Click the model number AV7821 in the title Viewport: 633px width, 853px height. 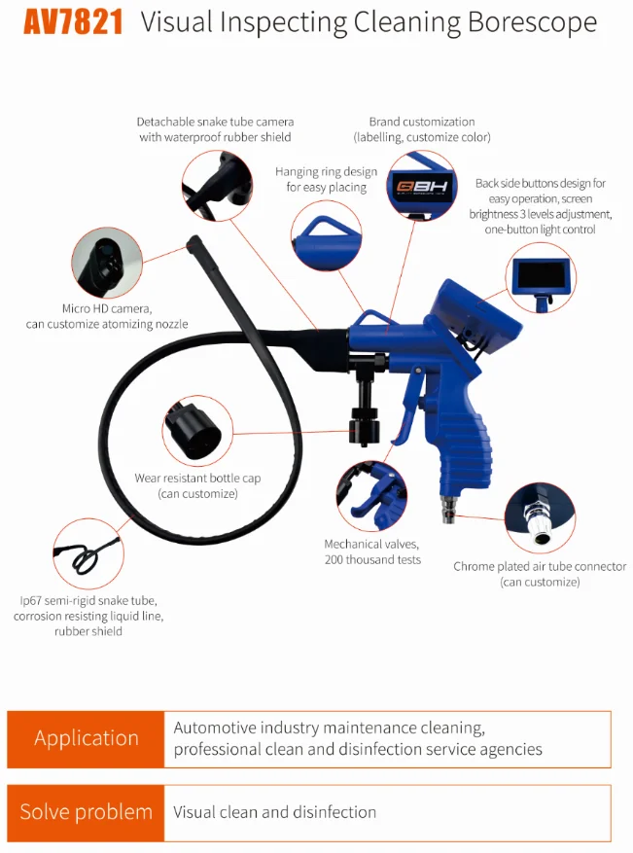74,22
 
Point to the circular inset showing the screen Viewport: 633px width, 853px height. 542,277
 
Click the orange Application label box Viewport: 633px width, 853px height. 86,738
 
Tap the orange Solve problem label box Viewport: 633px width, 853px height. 86,812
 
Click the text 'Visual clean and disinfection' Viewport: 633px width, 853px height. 274,812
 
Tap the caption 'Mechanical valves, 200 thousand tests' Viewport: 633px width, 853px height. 372,551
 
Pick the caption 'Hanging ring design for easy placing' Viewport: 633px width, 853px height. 326,179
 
